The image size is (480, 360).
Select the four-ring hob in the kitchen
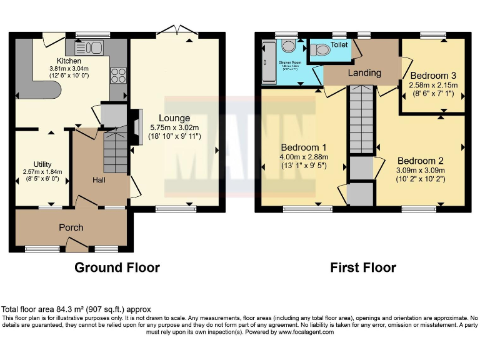(x=117, y=76)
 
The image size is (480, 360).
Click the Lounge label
(x=174, y=118)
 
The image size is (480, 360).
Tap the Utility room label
(x=43, y=164)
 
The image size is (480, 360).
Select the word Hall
(x=99, y=180)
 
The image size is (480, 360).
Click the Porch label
(x=71, y=227)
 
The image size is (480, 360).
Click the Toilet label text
(x=339, y=45)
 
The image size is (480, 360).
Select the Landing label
(x=364, y=72)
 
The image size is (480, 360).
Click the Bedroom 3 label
(x=433, y=76)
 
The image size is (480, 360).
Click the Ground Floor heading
(x=117, y=267)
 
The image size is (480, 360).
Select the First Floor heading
(x=363, y=267)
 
